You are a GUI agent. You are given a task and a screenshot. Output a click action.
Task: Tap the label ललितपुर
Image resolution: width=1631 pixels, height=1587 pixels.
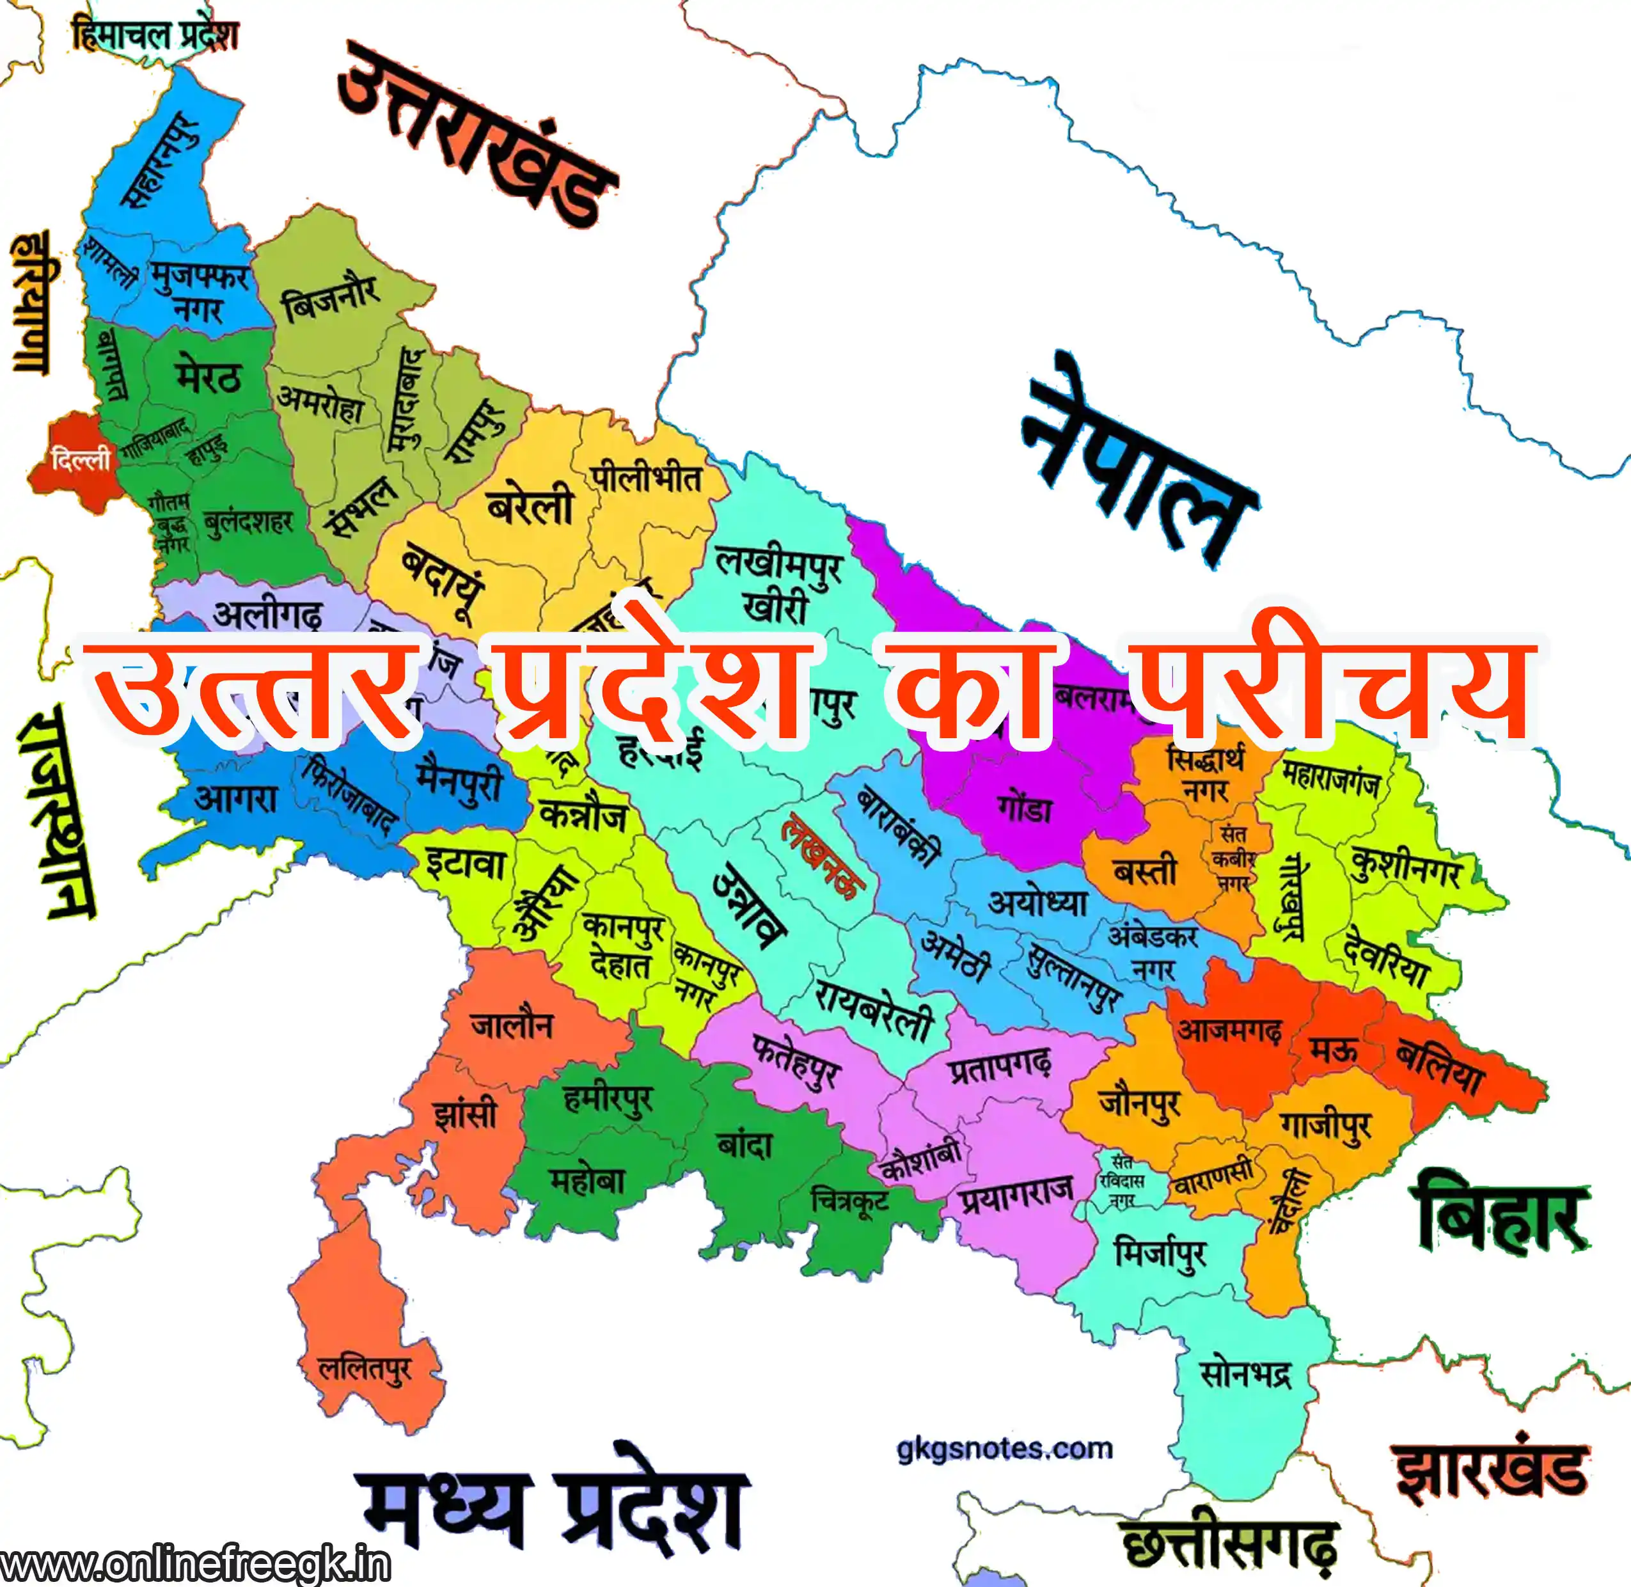[364, 1370]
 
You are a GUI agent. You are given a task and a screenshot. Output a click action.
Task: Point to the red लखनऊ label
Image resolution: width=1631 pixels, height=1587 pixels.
[821, 858]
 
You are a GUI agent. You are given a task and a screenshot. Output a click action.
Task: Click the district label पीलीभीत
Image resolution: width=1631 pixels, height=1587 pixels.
[647, 479]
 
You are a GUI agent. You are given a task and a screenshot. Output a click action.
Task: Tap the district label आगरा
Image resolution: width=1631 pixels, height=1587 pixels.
[236, 798]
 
